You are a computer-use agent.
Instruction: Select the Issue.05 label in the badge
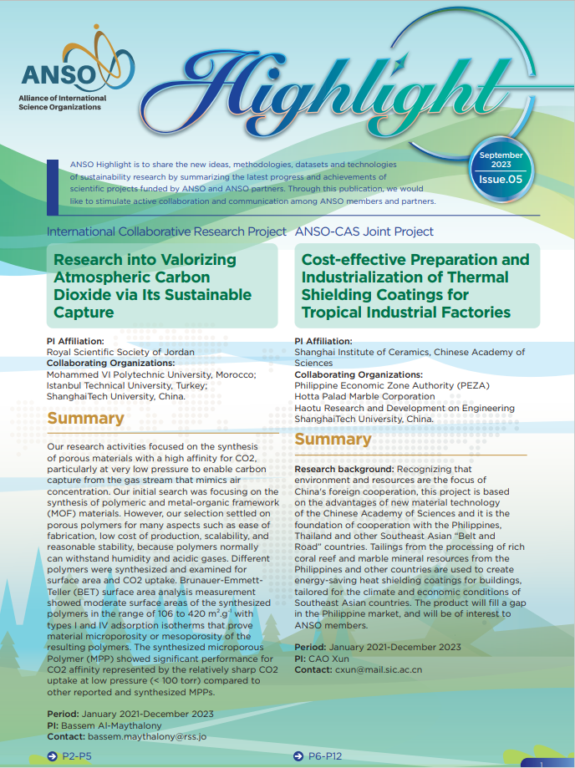[501, 179]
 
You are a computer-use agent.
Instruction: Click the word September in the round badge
[501, 155]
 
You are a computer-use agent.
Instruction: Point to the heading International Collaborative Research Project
[165, 231]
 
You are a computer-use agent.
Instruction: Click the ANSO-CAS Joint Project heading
[364, 231]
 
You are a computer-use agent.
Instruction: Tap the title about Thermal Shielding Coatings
[415, 286]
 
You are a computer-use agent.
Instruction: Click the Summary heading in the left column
[86, 419]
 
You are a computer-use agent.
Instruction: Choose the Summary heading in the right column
[333, 440]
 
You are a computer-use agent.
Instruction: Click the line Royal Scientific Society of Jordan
[120, 352]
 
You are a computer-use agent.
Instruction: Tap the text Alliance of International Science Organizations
[63, 103]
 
